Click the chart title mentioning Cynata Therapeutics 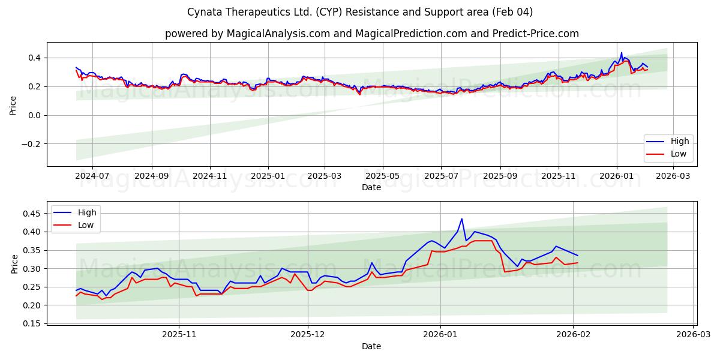click(x=360, y=12)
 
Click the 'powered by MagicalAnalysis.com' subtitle click(x=372, y=34)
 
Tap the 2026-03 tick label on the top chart click(x=673, y=176)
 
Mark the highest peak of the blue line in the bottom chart click(x=461, y=219)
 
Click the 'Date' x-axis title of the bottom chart click(x=371, y=346)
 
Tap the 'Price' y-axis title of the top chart click(x=13, y=104)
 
